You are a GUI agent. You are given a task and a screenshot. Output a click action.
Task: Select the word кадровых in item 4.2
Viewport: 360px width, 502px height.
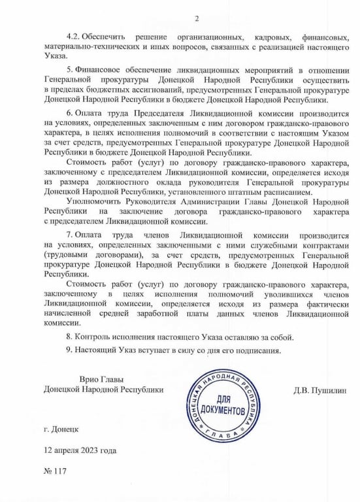[x=263, y=33]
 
